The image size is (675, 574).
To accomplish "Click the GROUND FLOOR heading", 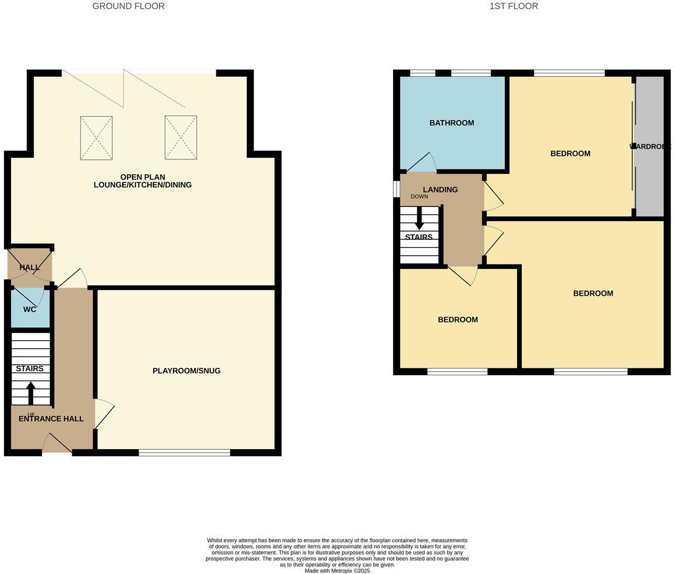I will tap(128, 6).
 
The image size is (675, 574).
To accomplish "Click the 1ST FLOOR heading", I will tap(514, 6).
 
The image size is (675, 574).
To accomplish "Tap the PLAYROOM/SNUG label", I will tap(186, 371).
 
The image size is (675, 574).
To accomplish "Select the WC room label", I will tap(30, 309).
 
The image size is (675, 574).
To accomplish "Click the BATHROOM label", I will tap(452, 123).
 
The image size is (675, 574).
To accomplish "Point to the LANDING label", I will tap(440, 190).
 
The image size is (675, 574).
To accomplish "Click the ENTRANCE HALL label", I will tap(51, 418).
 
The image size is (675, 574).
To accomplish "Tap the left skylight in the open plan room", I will tap(96, 137).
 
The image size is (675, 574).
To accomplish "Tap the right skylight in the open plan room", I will tap(181, 137).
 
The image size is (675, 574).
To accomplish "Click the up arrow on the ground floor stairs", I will tap(31, 392).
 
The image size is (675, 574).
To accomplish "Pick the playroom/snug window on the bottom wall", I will tap(184, 452).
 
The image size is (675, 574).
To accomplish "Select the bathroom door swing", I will tap(422, 162).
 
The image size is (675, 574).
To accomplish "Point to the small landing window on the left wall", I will tap(396, 188).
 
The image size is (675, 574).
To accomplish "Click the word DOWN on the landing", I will tap(419, 197).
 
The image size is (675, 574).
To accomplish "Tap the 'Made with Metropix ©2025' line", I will tap(337, 570).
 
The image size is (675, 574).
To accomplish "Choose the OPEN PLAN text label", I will tap(142, 177).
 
